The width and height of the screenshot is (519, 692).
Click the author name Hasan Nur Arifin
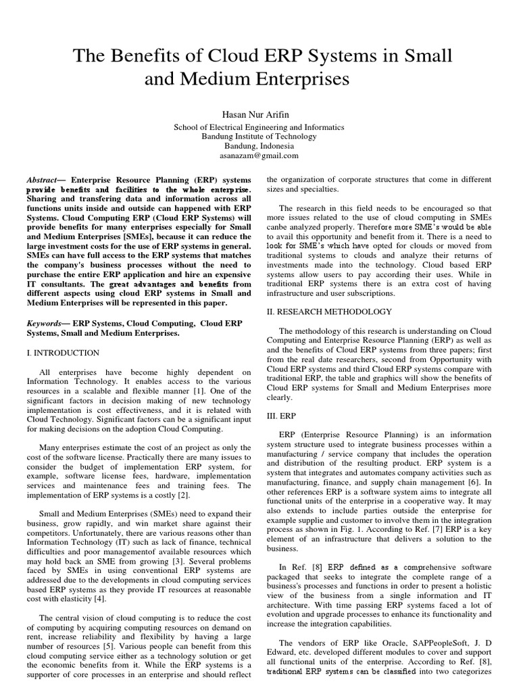pyautogui.click(x=259, y=115)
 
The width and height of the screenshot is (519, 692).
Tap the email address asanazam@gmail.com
pyautogui.click(x=259, y=155)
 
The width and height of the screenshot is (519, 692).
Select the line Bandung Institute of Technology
pyautogui.click(x=259, y=137)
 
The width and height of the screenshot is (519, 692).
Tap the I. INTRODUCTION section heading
pyautogui.click(x=63, y=353)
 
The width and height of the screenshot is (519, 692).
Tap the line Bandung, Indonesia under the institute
pyautogui.click(x=259, y=146)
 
